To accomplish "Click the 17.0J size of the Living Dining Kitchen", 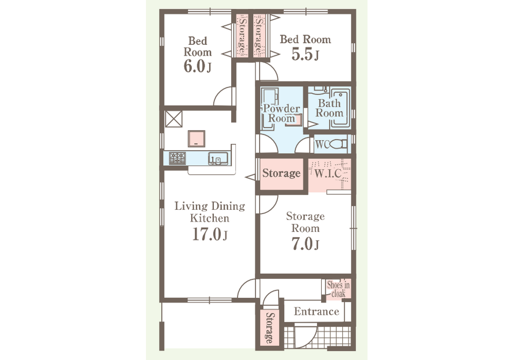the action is (x=210, y=234).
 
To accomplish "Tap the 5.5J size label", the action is (x=305, y=55).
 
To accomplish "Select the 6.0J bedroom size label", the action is (x=197, y=66).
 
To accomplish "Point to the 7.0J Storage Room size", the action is (x=305, y=244).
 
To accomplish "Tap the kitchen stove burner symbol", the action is (x=177, y=159).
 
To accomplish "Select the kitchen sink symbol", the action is (x=218, y=158).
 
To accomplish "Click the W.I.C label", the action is (x=328, y=173).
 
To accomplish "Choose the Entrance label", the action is (x=316, y=311).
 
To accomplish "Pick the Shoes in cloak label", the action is (x=338, y=289).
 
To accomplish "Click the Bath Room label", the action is (x=329, y=108).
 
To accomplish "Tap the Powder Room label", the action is (x=281, y=114).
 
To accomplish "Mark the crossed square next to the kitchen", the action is (x=173, y=119).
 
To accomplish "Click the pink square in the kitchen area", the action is (x=196, y=139).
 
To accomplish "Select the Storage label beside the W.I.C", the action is (x=281, y=173).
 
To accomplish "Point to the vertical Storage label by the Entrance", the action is (x=269, y=328).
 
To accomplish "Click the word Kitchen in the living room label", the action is (x=210, y=219).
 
